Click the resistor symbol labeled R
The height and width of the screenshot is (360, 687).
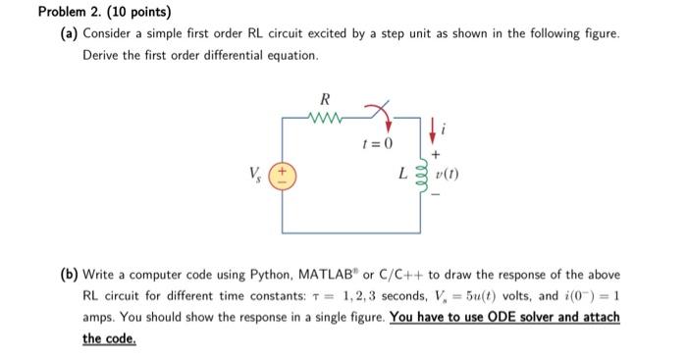[324, 122]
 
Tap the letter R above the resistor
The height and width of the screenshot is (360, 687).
[325, 99]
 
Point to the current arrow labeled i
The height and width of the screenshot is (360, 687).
[433, 126]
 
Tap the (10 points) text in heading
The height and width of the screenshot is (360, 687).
[143, 13]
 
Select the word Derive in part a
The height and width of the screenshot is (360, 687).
[102, 55]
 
